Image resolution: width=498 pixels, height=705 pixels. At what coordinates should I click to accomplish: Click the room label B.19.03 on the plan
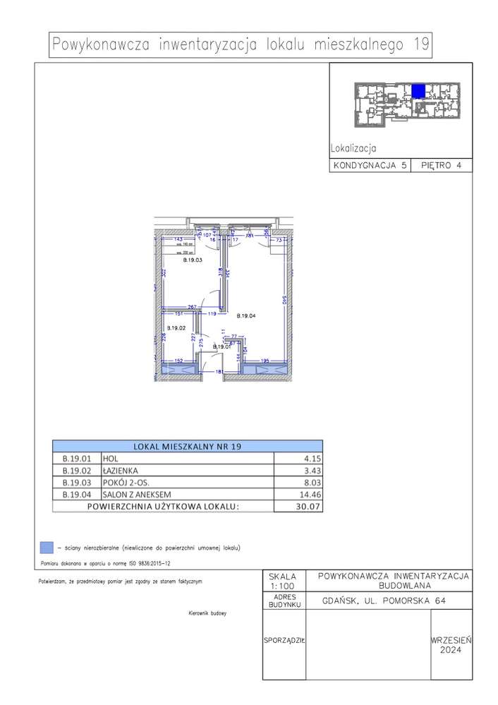(x=193, y=260)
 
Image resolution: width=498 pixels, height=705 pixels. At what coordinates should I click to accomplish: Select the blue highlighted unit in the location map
(x=418, y=90)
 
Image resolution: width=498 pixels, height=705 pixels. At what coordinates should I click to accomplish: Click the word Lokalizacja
(x=353, y=149)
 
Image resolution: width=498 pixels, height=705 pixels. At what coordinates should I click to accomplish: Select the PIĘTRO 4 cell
(x=441, y=166)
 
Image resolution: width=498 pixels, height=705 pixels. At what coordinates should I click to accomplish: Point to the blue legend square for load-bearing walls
(x=46, y=547)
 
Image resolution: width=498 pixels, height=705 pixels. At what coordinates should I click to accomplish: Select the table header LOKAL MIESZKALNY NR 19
(x=187, y=446)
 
